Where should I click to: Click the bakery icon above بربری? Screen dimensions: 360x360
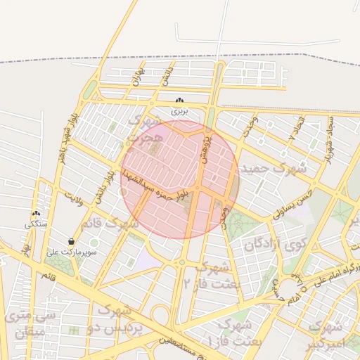point(181,101)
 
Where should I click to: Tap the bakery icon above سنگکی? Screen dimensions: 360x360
point(36,214)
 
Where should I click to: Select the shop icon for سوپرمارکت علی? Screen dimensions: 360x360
point(72,241)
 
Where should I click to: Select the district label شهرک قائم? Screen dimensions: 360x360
point(110,224)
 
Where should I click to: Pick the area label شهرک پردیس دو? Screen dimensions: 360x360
point(118,319)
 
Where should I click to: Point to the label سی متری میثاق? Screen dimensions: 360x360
point(29,326)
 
